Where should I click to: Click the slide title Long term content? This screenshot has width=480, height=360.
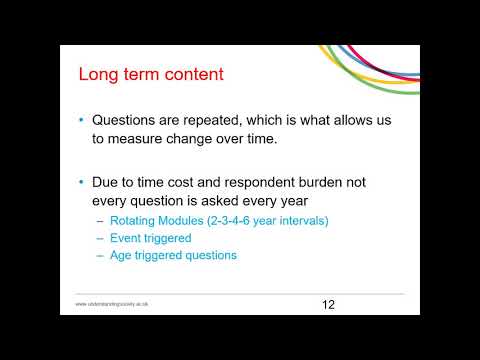(x=151, y=74)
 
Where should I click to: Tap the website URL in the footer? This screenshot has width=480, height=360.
(x=112, y=304)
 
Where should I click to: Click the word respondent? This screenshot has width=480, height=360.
(x=254, y=184)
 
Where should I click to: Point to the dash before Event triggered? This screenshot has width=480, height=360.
(x=100, y=238)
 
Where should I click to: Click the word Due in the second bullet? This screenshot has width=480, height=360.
(x=107, y=184)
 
